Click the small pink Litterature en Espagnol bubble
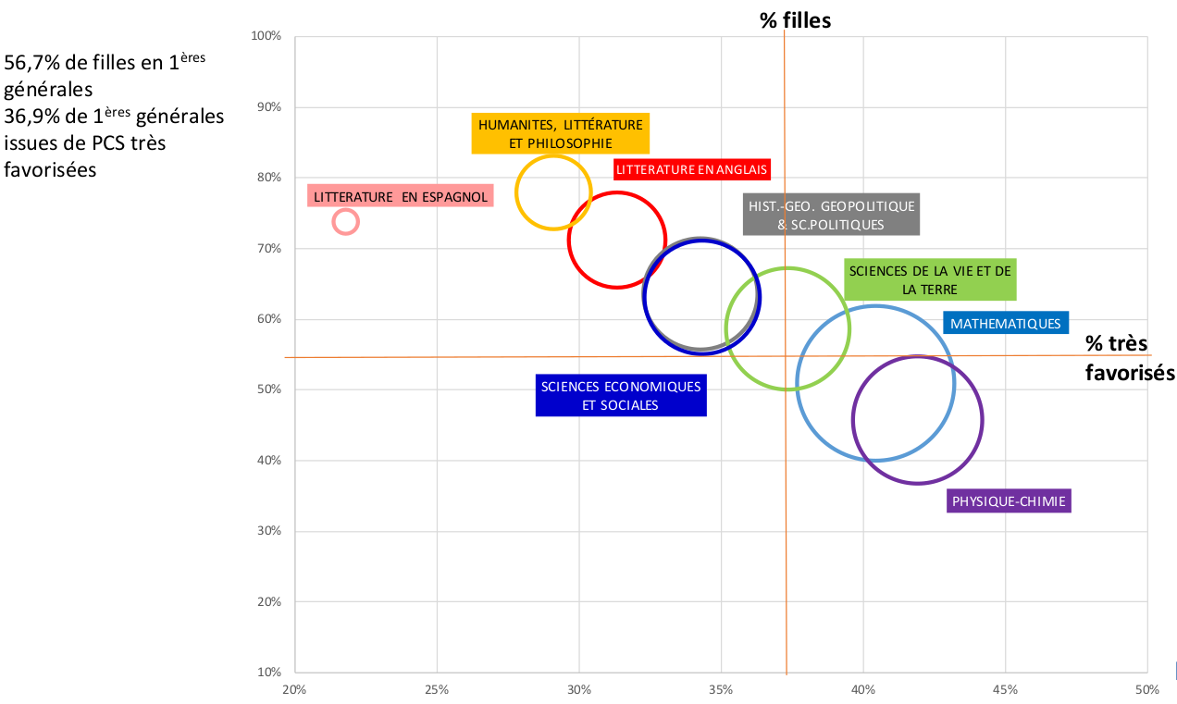click(345, 222)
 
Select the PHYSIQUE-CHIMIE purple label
click(1009, 501)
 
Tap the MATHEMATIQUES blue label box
click(1005, 324)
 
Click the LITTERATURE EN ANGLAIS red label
click(692, 170)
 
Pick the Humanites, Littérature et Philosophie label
click(560, 133)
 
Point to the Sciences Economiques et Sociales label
click(621, 396)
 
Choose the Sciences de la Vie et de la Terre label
click(930, 280)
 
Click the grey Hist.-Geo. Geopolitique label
click(831, 215)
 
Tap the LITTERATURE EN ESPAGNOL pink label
click(401, 196)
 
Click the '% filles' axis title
click(795, 20)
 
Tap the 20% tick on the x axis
click(294, 689)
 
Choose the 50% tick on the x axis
click(1146, 689)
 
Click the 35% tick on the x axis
click(721, 689)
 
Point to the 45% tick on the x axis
click(1005, 689)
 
